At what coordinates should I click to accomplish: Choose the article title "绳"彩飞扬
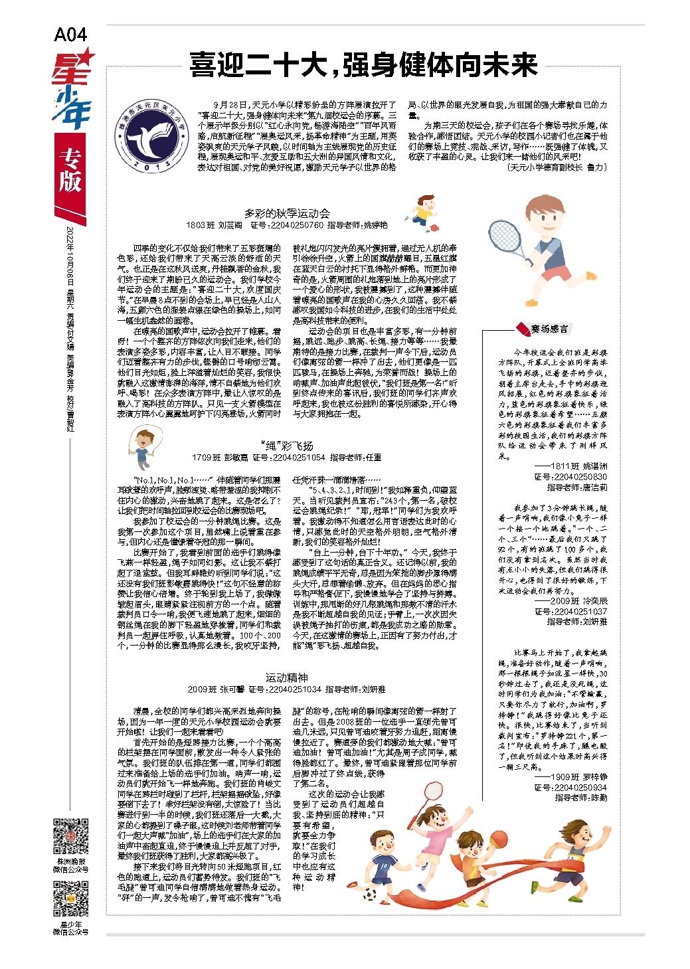(287, 445)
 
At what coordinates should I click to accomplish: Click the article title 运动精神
(287, 677)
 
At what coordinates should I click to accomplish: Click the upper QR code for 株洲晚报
(70, 837)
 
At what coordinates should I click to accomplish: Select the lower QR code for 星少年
(70, 897)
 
